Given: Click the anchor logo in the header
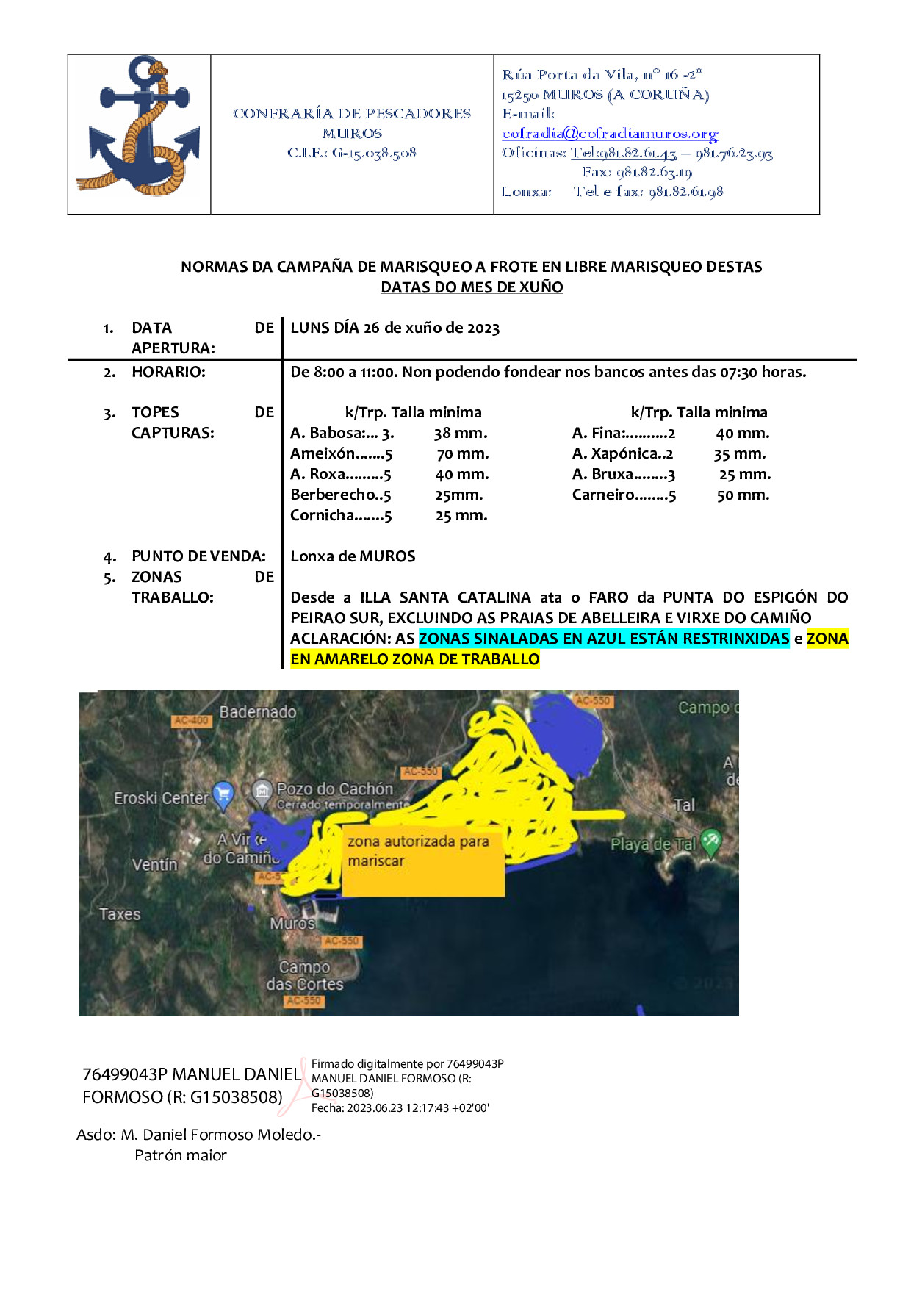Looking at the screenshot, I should tap(138, 126).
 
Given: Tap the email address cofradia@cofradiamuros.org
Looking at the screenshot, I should tap(610, 134).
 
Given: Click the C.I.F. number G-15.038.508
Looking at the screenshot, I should tap(351, 153).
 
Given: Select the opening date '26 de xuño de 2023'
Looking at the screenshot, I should tap(431, 328).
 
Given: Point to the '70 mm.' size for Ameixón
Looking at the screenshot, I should tap(462, 454).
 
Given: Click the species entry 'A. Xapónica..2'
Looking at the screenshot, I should tap(622, 454).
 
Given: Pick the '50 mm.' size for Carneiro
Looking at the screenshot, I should tap(743, 495).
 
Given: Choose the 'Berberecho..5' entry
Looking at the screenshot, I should tap(340, 495).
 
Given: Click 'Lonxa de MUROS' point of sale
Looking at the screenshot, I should tap(353, 556).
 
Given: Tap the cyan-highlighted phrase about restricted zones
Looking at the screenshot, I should tap(603, 639).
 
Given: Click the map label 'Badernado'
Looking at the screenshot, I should tap(258, 712).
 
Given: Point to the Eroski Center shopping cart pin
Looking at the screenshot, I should tap(223, 794).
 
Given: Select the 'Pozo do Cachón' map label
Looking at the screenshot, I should tap(334, 789).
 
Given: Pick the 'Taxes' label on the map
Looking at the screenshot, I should tap(120, 914).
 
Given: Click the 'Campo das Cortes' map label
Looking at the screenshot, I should tap(304, 975).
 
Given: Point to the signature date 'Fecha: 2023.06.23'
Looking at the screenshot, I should tap(400, 1108).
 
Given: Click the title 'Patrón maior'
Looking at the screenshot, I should tap(181, 1155).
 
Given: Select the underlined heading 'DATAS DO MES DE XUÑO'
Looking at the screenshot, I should tap(472, 287).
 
